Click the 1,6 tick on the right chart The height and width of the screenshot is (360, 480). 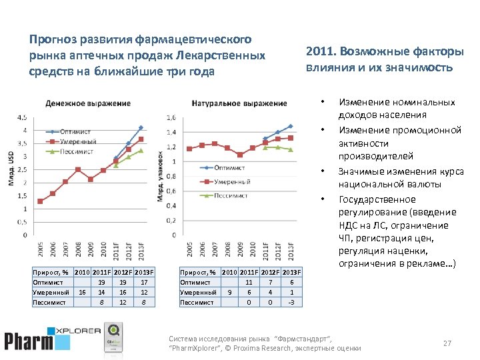coord(170,118)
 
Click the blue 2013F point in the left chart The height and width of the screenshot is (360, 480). coord(141,127)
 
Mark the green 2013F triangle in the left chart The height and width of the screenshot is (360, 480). coord(141,151)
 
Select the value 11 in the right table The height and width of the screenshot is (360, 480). coord(248,282)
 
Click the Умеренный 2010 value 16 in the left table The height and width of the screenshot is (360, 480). coord(81,292)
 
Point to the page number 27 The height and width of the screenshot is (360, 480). coord(447,343)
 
